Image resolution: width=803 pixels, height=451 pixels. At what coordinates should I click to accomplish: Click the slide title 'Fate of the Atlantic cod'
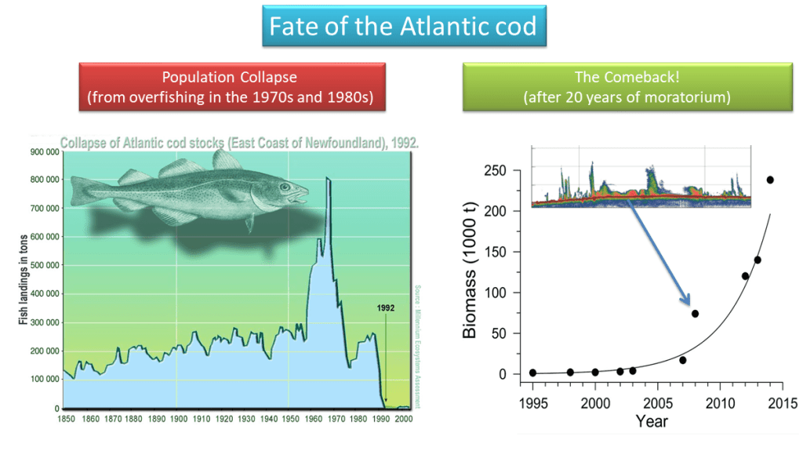tap(402, 27)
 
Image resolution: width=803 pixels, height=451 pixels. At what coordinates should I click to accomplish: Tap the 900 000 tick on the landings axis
tap(45, 152)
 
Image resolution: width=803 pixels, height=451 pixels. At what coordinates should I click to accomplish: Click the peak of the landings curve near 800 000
tap(328, 180)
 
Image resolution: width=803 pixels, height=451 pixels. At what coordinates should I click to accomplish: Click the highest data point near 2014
tap(770, 180)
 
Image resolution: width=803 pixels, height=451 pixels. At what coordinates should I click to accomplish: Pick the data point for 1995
tap(533, 373)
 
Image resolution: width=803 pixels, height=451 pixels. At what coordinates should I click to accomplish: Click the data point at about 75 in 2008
tap(695, 314)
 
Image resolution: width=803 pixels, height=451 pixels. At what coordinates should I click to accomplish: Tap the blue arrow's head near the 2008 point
tap(687, 301)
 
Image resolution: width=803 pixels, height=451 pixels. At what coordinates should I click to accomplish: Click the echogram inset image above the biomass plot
tap(641, 176)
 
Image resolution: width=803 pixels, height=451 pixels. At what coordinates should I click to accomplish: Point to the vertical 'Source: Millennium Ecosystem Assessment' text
tap(417, 345)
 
